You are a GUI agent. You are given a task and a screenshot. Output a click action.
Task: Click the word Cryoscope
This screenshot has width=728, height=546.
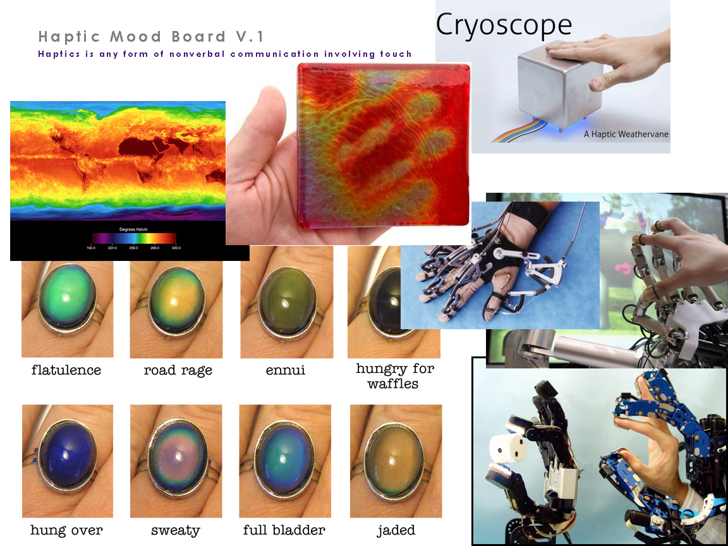pyautogui.click(x=504, y=25)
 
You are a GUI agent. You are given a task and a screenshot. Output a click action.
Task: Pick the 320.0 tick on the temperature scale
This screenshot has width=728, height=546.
pyautogui.click(x=176, y=248)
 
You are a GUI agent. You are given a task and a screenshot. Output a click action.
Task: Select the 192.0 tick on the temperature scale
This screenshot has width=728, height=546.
pyautogui.click(x=92, y=248)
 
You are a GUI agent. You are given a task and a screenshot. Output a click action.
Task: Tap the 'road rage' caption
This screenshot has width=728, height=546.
pyautogui.click(x=178, y=370)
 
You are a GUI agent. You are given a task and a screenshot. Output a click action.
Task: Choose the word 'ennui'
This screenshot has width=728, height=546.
pyautogui.click(x=286, y=370)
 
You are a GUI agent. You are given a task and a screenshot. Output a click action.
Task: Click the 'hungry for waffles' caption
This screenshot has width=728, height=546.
pyautogui.click(x=395, y=375)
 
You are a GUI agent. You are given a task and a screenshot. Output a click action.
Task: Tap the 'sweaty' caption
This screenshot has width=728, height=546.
pyautogui.click(x=176, y=530)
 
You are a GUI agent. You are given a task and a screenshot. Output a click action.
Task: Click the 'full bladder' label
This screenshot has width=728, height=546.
pyautogui.click(x=284, y=530)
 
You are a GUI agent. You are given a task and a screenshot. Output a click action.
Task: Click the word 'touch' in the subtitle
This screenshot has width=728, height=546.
pyautogui.click(x=396, y=54)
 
